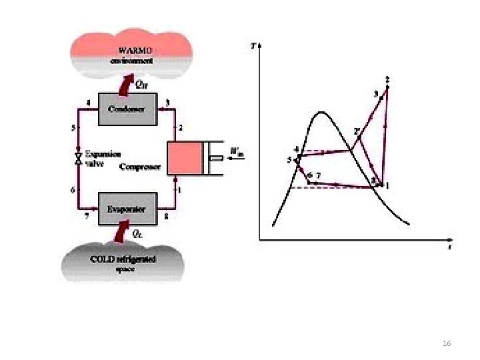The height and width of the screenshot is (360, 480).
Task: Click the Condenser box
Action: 127,109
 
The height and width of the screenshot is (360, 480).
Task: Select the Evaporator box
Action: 127,208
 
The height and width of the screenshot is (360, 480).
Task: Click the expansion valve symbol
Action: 78,158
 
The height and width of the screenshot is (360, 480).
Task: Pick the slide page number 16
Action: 447,343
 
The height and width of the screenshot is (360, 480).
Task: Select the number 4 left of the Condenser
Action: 89,102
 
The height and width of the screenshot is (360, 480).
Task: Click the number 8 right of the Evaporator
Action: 166,217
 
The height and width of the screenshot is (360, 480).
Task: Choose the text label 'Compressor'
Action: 139,167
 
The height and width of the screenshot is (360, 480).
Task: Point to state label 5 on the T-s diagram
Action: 290,160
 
